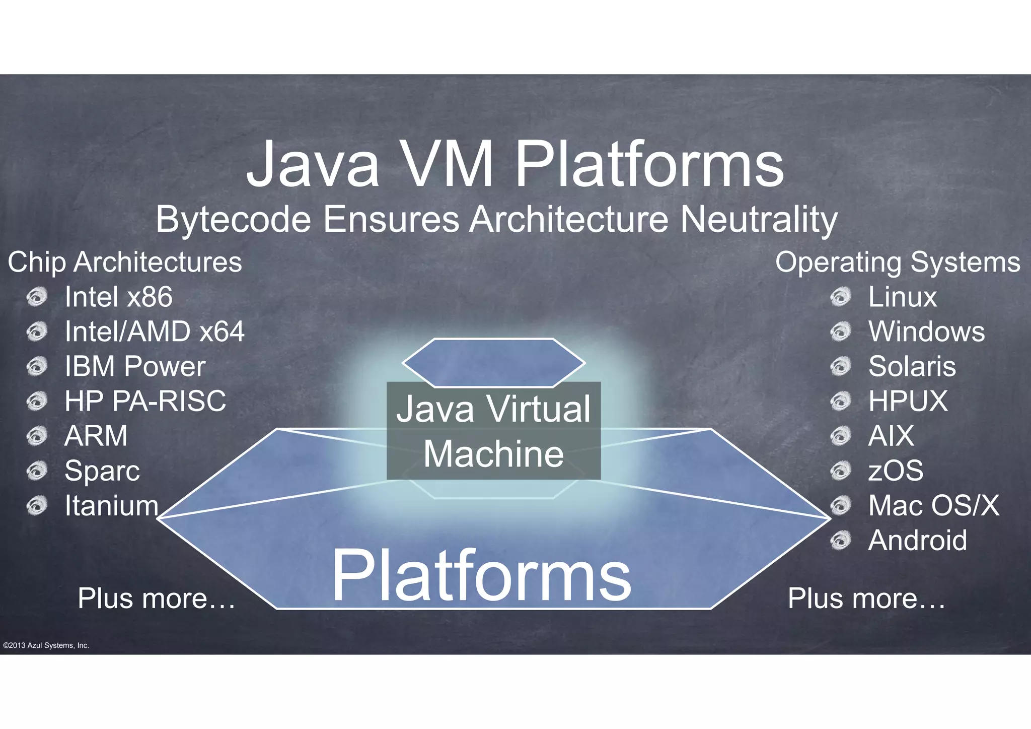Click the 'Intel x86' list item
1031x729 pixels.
[118, 297]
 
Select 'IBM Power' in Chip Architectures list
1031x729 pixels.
[135, 366]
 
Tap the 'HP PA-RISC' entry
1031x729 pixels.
[145, 401]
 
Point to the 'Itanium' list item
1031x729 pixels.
[111, 505]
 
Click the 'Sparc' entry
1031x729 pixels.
[102, 471]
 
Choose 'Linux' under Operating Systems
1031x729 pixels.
[902, 297]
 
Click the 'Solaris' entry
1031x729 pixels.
[912, 366]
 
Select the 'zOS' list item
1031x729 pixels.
[896, 471]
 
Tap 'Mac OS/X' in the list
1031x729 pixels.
[934, 505]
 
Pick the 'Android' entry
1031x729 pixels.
[917, 540]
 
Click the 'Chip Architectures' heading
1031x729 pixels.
[125, 262]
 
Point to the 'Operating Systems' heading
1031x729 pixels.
[898, 262]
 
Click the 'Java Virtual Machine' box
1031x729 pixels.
[493, 431]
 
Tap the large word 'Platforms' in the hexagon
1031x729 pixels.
[481, 575]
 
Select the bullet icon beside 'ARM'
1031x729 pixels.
[37, 436]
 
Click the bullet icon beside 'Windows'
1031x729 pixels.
[840, 332]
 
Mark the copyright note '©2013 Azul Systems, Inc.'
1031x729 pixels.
[46, 645]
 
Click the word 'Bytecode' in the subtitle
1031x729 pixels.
[233, 220]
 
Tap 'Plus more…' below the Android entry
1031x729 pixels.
[866, 599]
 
